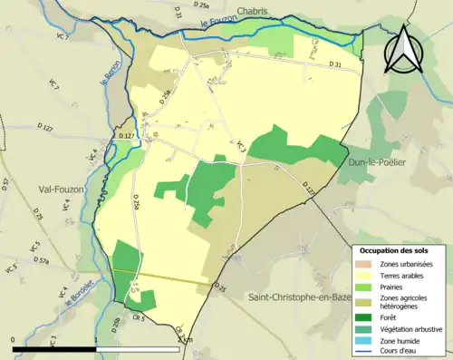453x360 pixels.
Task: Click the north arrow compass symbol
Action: (x=403, y=50)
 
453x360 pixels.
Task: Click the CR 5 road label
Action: (x=138, y=318)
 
